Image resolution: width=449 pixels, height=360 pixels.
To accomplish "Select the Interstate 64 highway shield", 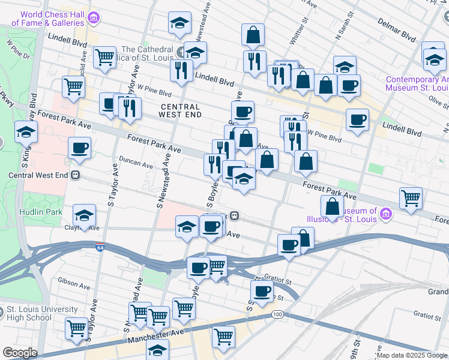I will tap(100, 246).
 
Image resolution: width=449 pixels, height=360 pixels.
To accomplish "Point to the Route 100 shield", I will tap(277, 314).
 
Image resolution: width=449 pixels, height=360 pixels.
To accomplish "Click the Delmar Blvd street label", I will tap(397, 30).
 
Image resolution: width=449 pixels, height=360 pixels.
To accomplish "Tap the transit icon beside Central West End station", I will tap(76, 175).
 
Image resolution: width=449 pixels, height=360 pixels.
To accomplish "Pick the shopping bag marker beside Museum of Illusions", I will tap(332, 207).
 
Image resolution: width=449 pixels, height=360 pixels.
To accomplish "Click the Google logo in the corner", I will tap(20, 353).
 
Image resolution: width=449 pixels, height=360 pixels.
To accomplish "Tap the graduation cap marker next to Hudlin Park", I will tap(84, 215).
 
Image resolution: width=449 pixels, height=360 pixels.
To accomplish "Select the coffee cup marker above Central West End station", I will tap(79, 148).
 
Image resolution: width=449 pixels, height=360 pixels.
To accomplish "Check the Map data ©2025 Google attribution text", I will tap(411, 355).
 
